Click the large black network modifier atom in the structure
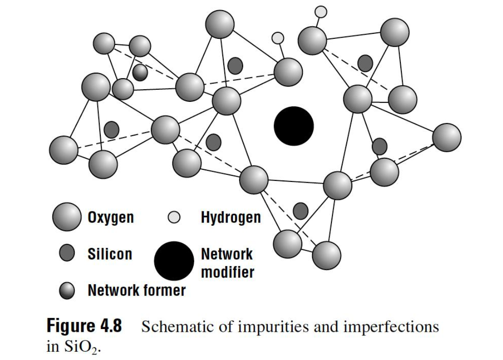point(294,126)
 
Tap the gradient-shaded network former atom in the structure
point(140,72)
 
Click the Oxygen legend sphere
point(67,217)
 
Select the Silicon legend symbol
point(68,254)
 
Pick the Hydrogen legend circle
point(174,217)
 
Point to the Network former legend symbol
point(68,291)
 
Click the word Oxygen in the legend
point(110,217)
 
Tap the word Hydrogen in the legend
point(231,217)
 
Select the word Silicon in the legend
point(110,254)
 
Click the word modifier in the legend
point(227,272)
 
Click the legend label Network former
point(136,291)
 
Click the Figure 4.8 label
point(85,327)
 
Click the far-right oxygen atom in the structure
point(446,137)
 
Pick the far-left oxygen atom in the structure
point(64,149)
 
